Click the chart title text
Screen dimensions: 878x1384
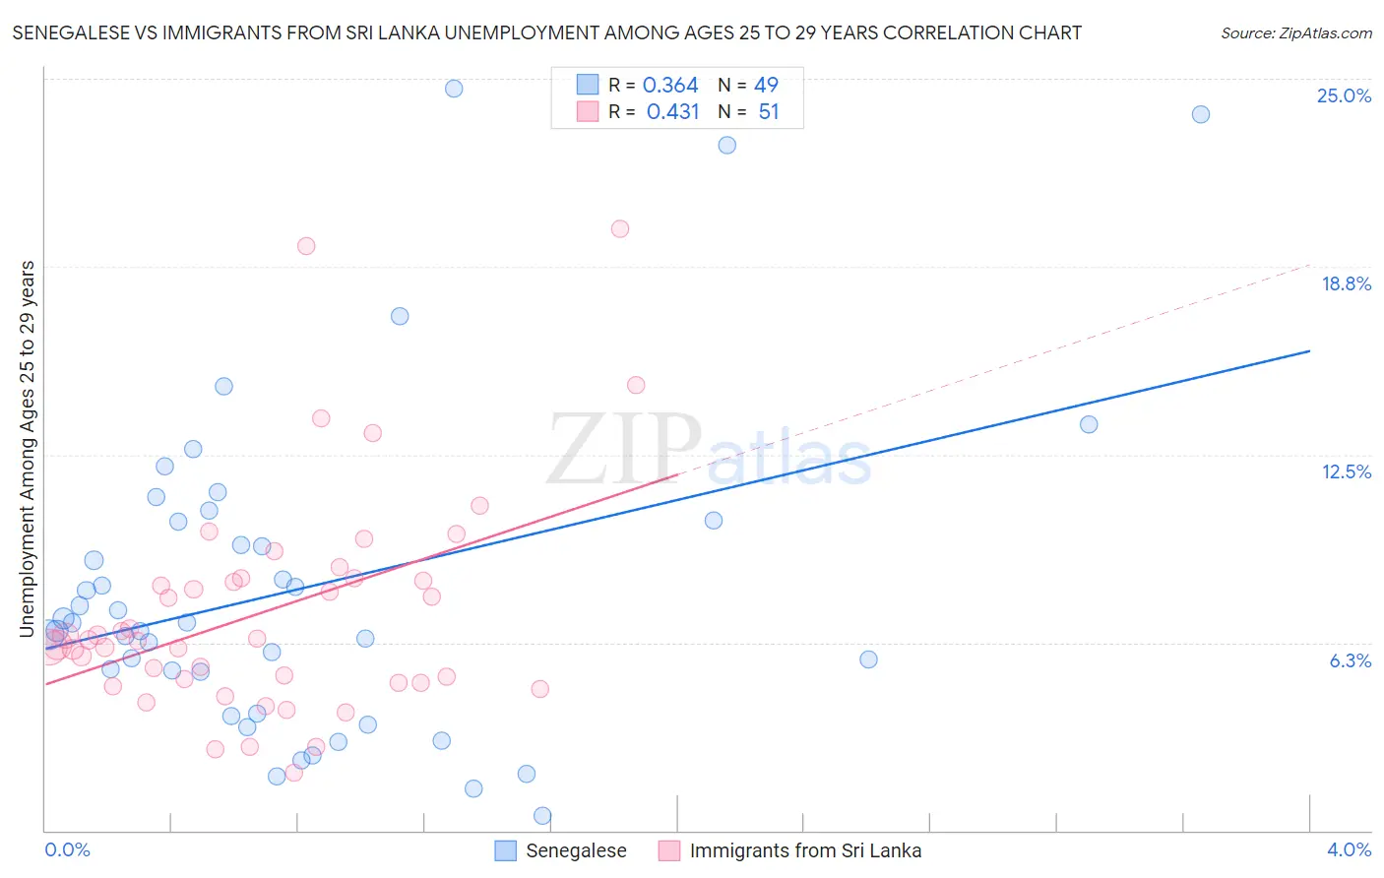[546, 32]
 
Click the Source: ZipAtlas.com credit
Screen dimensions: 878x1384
[1295, 32]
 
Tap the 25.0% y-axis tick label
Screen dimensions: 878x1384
[1344, 95]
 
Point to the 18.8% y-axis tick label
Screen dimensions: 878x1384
[1346, 283]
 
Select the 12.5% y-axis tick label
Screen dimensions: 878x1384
[1346, 471]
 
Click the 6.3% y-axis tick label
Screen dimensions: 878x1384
[1350, 660]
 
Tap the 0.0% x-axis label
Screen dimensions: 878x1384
[67, 849]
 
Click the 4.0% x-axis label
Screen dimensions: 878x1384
[1349, 849]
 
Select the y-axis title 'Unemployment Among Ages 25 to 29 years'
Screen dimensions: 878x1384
[28, 449]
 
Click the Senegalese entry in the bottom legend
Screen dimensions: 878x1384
[576, 850]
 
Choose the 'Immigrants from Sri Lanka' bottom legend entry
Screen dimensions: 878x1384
[805, 850]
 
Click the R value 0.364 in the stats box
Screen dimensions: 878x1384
[670, 86]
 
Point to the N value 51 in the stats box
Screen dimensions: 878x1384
[769, 112]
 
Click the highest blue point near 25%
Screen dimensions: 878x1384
[454, 89]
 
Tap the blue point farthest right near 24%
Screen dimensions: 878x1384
[1201, 114]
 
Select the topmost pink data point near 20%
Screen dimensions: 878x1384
[620, 229]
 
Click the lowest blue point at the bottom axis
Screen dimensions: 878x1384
[542, 816]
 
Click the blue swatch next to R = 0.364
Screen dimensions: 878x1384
[588, 85]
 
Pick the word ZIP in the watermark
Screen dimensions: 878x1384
[623, 450]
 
